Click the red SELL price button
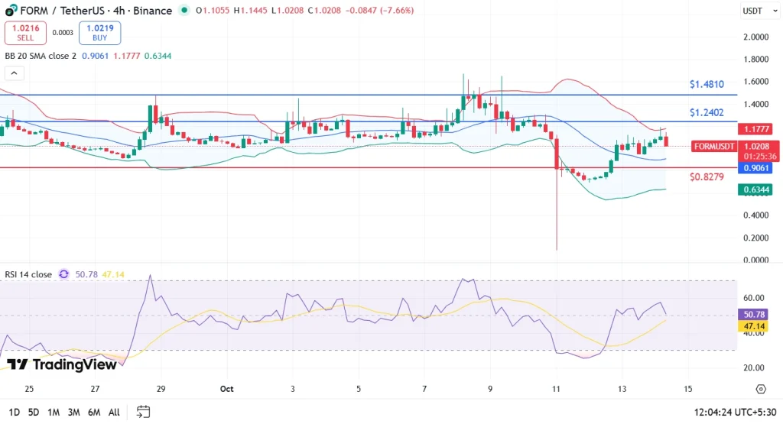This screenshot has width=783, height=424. point(24,32)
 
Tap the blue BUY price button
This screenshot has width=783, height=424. point(99,32)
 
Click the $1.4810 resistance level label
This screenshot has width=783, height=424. point(706,84)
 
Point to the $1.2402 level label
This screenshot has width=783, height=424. point(706,112)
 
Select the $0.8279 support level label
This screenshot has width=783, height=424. point(706,177)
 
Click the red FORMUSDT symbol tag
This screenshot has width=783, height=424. point(714,146)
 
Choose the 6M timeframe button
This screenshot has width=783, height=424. point(94,412)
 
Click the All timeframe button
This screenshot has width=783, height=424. point(114,412)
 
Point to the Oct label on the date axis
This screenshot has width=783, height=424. point(226,389)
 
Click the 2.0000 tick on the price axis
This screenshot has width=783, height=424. point(755,37)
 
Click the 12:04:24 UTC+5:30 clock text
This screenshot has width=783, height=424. point(733,412)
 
